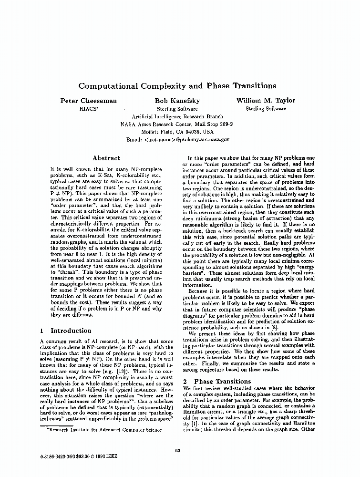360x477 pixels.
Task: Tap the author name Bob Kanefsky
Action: pyautogui.click(x=177, y=101)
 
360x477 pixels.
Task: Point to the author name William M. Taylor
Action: pyautogui.click(x=266, y=100)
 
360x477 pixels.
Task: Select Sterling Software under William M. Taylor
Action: pyautogui.click(x=266, y=108)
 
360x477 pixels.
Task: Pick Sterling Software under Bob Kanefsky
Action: pyautogui.click(x=177, y=109)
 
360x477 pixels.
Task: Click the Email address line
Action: pyautogui.click(x=178, y=140)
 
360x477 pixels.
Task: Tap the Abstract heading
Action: pyautogui.click(x=106, y=158)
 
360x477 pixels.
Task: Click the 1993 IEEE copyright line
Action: pyautogui.click(x=79, y=456)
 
